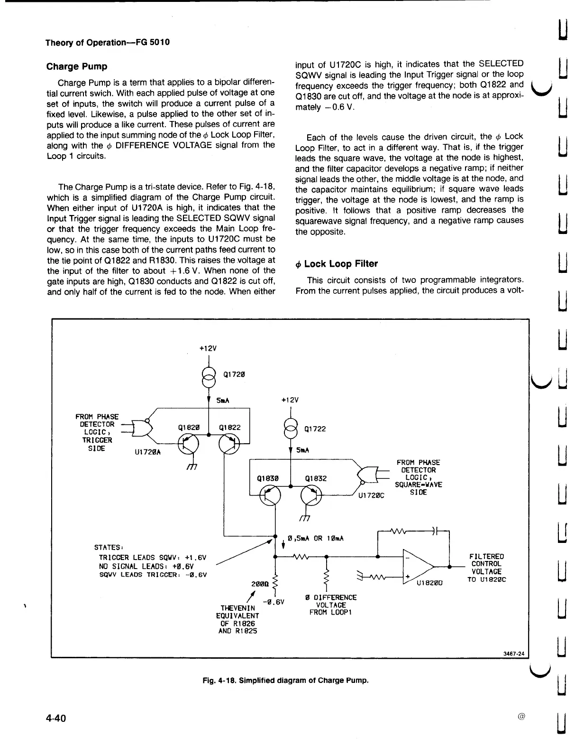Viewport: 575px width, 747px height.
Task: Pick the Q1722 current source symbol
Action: tap(290, 429)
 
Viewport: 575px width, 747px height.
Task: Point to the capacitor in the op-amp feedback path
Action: tap(434, 531)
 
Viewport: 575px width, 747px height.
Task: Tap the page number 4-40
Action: tap(56, 718)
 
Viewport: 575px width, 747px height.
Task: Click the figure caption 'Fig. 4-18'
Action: tap(285, 680)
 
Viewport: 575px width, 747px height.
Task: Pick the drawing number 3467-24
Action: tap(514, 654)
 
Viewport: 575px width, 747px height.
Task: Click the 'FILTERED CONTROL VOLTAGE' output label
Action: tap(486, 568)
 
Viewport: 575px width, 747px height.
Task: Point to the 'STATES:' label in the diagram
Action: tap(109, 546)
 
